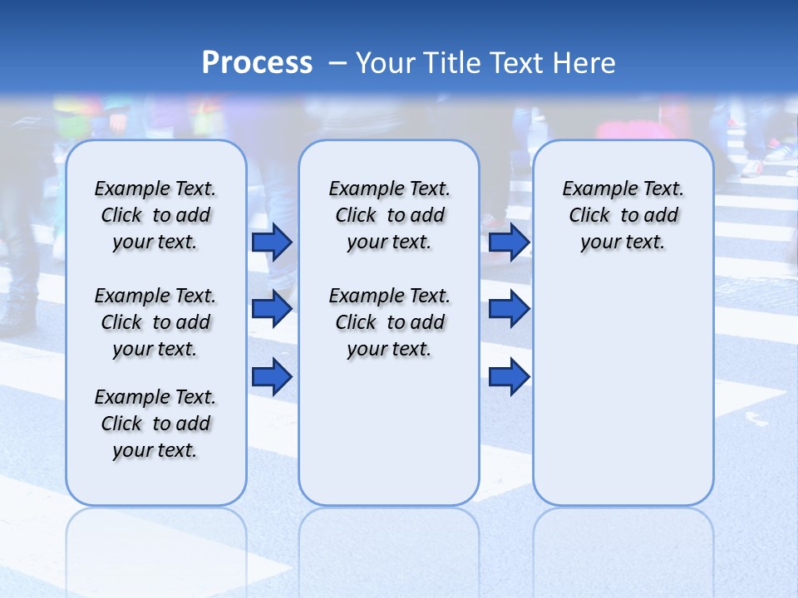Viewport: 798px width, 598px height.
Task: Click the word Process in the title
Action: [x=257, y=62]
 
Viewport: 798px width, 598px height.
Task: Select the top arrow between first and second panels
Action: [x=272, y=242]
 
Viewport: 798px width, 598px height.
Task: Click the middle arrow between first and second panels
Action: [x=272, y=310]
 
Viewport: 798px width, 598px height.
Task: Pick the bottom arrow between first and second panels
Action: [x=272, y=377]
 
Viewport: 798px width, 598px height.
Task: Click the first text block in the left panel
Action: [x=155, y=215]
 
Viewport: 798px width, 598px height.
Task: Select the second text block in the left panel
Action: [x=155, y=322]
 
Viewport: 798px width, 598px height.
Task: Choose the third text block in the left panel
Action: [x=155, y=424]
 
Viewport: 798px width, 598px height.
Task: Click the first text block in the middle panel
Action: [x=389, y=215]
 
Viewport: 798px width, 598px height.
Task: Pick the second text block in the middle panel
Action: [x=389, y=322]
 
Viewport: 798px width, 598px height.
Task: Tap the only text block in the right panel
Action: [x=623, y=215]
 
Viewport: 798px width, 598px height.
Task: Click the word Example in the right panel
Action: [x=592, y=189]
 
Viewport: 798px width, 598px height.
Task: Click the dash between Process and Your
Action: [x=337, y=63]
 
